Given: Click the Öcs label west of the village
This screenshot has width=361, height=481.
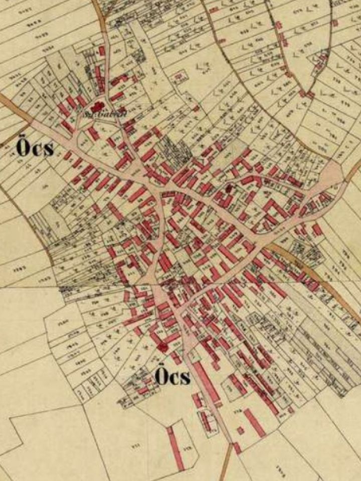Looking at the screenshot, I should [34, 148].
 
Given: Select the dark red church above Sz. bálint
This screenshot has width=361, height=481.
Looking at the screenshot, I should [97, 106].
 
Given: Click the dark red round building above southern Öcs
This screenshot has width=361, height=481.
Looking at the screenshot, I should [161, 346].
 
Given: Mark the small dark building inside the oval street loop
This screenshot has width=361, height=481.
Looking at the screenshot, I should [230, 188].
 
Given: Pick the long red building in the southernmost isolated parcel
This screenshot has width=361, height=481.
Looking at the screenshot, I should [175, 448].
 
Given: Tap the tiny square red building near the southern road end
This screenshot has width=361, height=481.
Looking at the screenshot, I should [241, 430].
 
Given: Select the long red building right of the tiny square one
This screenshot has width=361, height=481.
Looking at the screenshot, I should [255, 422].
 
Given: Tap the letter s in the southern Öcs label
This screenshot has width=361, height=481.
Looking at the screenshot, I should [185, 377].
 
